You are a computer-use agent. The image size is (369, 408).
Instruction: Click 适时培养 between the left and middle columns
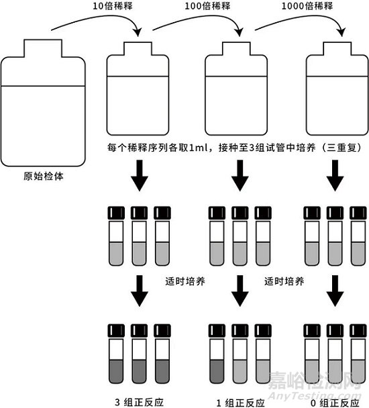click(x=184, y=280)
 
